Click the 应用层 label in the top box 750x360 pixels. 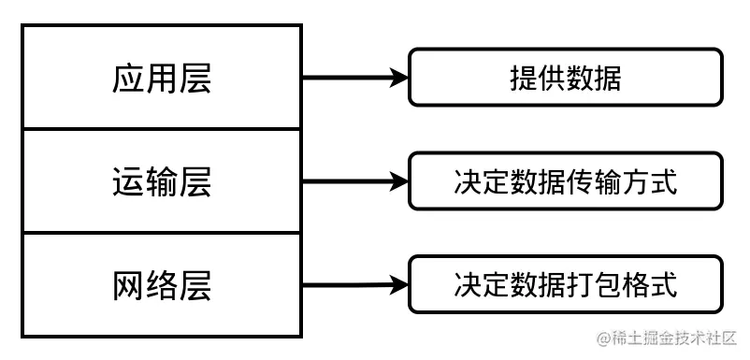coord(162,79)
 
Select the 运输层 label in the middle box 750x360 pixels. coord(162,182)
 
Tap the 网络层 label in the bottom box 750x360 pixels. coord(162,285)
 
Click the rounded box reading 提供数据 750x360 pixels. coord(565,78)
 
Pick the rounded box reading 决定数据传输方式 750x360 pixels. coord(565,181)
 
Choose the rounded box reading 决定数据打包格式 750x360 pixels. coord(565,283)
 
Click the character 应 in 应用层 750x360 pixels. coord(128,79)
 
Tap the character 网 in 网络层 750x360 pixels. coord(128,285)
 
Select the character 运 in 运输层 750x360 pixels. coord(128,182)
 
